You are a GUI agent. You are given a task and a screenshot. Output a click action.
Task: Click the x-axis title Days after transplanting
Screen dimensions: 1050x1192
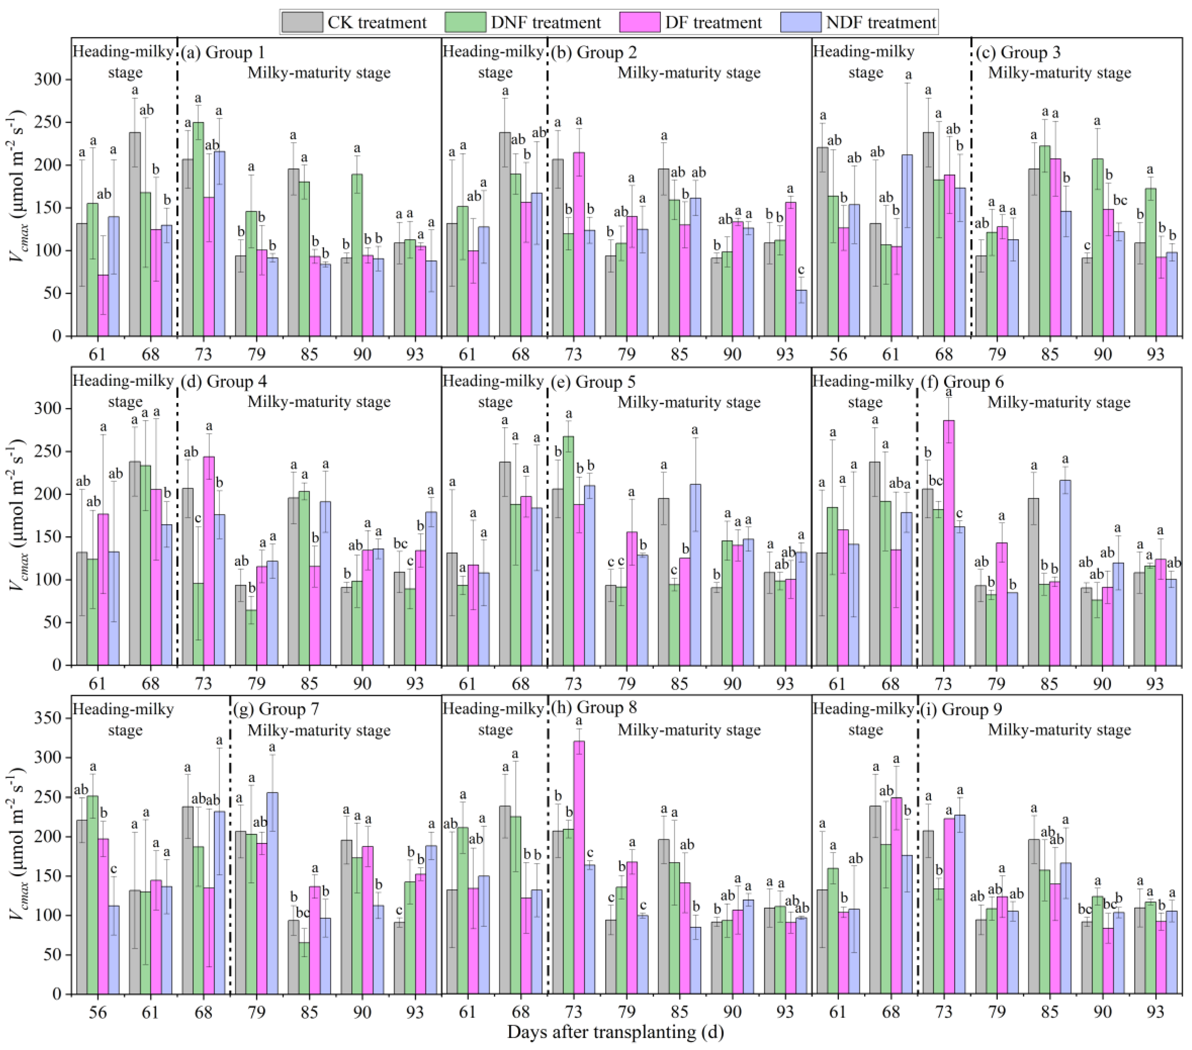click(615, 1032)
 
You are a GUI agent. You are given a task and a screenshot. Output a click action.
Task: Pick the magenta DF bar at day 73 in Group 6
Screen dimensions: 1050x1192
click(949, 542)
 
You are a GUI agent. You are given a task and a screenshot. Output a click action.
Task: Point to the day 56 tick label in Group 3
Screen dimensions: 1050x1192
click(838, 354)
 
